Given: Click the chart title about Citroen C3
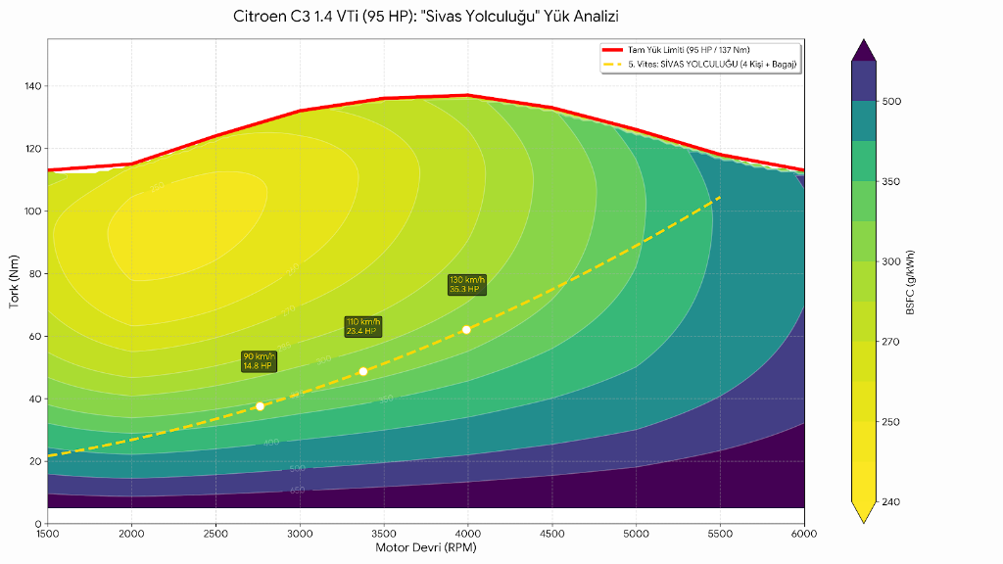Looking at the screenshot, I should click(426, 17).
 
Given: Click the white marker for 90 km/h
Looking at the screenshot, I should click(260, 406).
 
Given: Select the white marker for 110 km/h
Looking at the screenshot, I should click(363, 371).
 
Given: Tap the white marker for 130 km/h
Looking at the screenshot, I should click(466, 330).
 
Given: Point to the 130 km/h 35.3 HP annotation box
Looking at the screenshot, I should click(466, 285).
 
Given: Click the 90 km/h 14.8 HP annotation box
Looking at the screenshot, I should click(260, 361).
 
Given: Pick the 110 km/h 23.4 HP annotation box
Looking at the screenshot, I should click(363, 327).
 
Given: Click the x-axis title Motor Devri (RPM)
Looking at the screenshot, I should click(426, 548).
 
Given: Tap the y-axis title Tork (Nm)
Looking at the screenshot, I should click(14, 281).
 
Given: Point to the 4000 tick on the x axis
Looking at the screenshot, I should click(468, 534).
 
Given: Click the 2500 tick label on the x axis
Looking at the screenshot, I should click(215, 534).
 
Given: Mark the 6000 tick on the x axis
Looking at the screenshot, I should click(804, 534).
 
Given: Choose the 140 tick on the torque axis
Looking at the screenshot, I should click(31, 86).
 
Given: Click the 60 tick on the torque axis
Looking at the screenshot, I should click(34, 336).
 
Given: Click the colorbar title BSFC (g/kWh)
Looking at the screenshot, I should click(911, 281).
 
